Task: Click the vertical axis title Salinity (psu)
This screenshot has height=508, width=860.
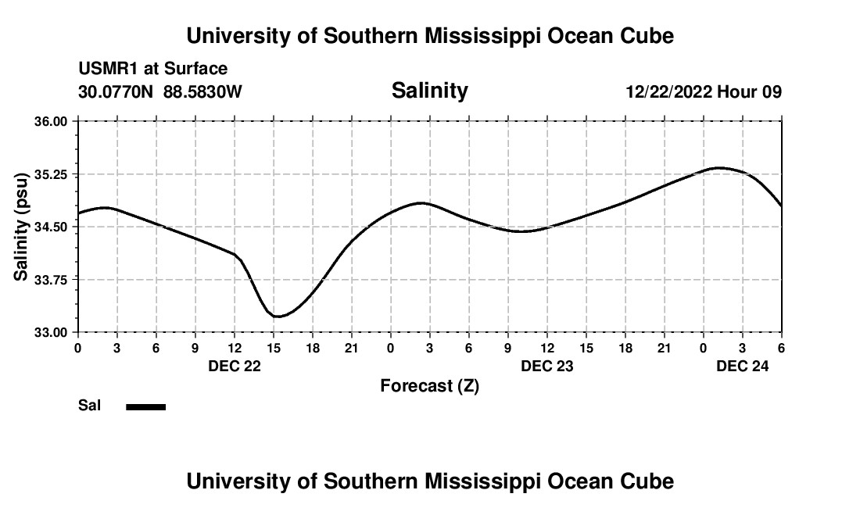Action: tap(21, 227)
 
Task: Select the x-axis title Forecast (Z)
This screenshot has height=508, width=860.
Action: tap(429, 385)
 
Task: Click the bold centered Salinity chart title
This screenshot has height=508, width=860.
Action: tap(429, 91)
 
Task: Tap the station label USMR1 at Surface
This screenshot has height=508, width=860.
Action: tap(152, 69)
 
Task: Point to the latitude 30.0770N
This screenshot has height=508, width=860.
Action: tap(116, 91)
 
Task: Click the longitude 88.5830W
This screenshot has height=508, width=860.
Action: tap(202, 91)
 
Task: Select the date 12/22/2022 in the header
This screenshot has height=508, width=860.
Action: tap(669, 91)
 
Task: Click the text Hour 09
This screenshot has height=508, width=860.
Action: tap(750, 91)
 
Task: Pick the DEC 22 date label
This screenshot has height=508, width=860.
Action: tap(235, 365)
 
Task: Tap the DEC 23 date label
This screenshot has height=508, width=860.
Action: tap(547, 365)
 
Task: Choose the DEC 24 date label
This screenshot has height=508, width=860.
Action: tap(743, 365)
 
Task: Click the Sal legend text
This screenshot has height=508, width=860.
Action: tap(90, 406)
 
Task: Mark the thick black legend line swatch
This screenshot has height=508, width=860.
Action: tap(146, 406)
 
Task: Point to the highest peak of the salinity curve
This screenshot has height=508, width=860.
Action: tap(720, 167)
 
